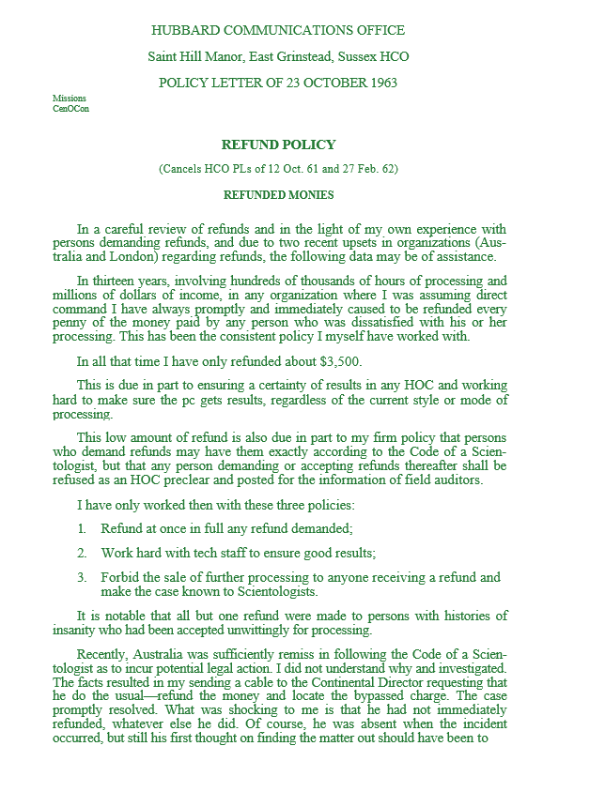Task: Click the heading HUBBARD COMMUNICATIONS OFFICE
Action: [278, 31]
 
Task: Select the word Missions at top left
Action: [70, 98]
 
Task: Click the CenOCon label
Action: [71, 108]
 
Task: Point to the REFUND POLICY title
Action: [278, 145]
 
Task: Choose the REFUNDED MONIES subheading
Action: [278, 195]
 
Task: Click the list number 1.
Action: [82, 529]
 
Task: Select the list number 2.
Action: [82, 554]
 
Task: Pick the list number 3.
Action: [82, 578]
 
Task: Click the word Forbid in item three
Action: [120, 578]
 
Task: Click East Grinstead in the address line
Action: [272, 57]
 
